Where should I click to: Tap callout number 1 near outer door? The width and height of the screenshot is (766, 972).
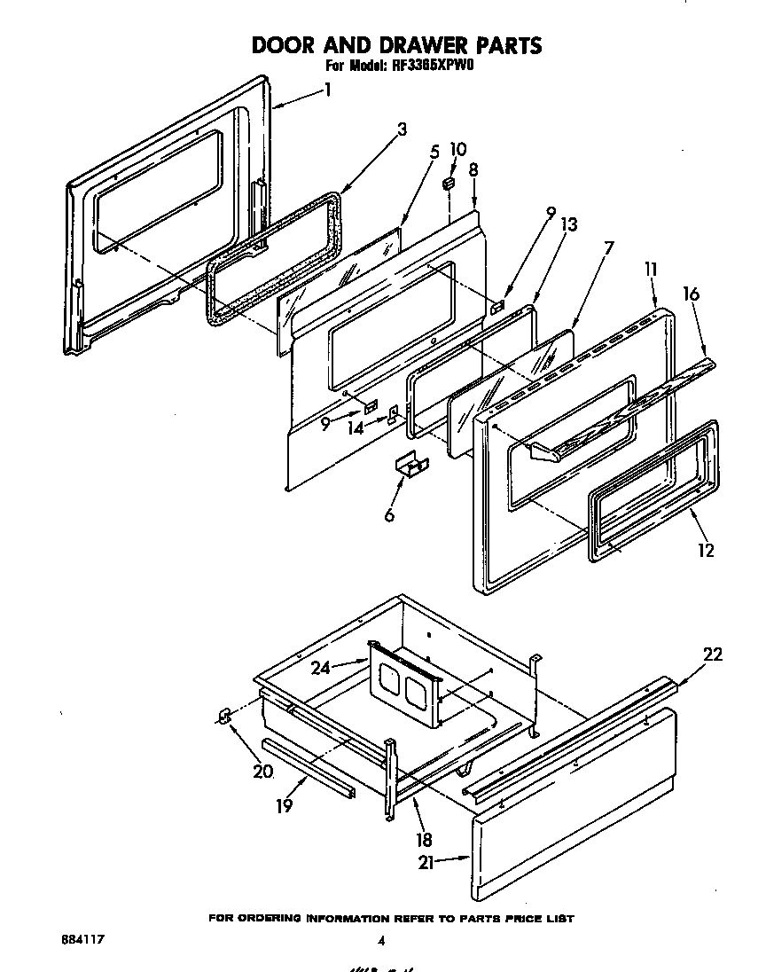[x=327, y=90]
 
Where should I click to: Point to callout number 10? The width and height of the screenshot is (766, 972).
[x=457, y=149]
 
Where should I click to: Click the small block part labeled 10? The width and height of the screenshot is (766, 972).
[x=449, y=183]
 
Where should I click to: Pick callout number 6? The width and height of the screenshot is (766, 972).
[x=389, y=515]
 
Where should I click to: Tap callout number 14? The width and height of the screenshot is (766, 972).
[x=356, y=428]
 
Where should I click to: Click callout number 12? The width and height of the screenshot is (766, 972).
[x=705, y=550]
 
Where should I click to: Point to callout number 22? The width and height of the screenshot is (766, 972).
[x=712, y=655]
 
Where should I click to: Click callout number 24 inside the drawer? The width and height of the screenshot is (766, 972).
[x=320, y=668]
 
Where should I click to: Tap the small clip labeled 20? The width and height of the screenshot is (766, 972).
[x=224, y=715]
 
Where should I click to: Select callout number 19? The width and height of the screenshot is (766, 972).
[x=285, y=805]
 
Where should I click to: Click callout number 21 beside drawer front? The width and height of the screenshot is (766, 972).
[x=427, y=861]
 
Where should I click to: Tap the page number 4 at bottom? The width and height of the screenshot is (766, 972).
[x=381, y=941]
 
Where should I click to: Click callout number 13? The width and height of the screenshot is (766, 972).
[x=568, y=225]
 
